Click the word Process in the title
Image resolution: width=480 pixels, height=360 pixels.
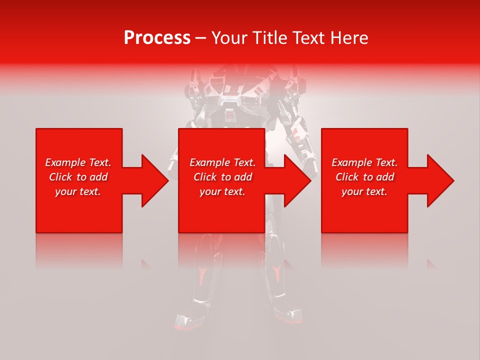pos(157,38)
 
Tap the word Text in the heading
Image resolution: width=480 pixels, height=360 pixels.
pos(309,38)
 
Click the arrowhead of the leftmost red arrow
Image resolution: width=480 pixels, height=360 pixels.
pos(153,180)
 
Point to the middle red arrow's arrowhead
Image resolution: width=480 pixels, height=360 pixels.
pos(295,180)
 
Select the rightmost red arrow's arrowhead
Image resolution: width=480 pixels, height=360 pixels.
pos(438,180)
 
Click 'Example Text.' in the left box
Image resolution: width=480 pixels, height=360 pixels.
pos(78,162)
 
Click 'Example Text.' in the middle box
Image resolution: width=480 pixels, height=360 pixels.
pos(222,162)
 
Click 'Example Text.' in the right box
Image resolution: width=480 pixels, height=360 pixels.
pos(364,162)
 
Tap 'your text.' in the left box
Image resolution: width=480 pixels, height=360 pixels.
pos(78,191)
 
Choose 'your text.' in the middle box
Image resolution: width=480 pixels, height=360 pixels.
pos(222,191)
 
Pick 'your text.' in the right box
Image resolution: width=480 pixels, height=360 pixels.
pos(364,191)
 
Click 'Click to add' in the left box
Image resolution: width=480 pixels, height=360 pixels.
pos(78,177)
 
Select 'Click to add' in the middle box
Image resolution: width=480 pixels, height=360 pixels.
pos(222,177)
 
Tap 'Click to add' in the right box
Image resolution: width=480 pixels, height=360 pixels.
pos(364,177)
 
